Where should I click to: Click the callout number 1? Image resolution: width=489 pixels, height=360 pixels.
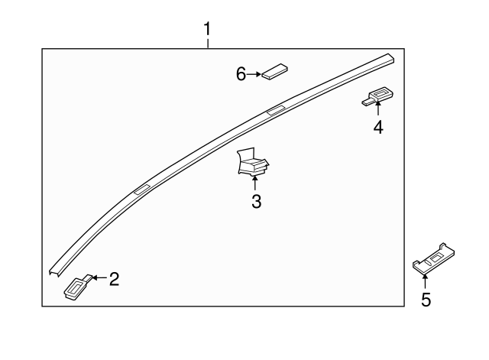tap(207, 29)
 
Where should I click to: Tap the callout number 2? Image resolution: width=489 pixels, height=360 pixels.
tap(114, 279)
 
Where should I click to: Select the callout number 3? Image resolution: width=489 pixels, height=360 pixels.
tap(256, 201)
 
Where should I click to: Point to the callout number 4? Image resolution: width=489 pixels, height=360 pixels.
tap(378, 128)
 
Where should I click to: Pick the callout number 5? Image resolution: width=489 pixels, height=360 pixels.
tap(426, 300)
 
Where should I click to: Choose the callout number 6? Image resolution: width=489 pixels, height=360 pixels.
tap(241, 74)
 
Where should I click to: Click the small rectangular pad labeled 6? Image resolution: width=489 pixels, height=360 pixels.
tap(274, 72)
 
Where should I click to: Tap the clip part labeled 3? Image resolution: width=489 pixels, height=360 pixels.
tap(253, 161)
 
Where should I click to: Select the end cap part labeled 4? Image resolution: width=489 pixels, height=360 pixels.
tap(377, 97)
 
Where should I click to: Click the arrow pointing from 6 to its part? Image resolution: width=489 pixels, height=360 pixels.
tap(254, 74)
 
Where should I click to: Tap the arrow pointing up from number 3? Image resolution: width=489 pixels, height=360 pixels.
tap(255, 183)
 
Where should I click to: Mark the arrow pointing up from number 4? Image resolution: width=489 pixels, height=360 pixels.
tap(378, 109)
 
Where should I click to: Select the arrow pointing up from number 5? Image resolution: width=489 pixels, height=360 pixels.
tap(425, 282)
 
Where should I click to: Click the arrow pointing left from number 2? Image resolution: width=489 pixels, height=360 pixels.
tap(99, 277)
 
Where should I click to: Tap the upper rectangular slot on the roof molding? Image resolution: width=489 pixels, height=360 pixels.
tap(277, 110)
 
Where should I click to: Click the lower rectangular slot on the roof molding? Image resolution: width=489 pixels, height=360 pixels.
tap(142, 190)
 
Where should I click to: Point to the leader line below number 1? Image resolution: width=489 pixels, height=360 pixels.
tap(208, 43)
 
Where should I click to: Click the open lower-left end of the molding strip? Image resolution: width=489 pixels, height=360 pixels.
tap(54, 272)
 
